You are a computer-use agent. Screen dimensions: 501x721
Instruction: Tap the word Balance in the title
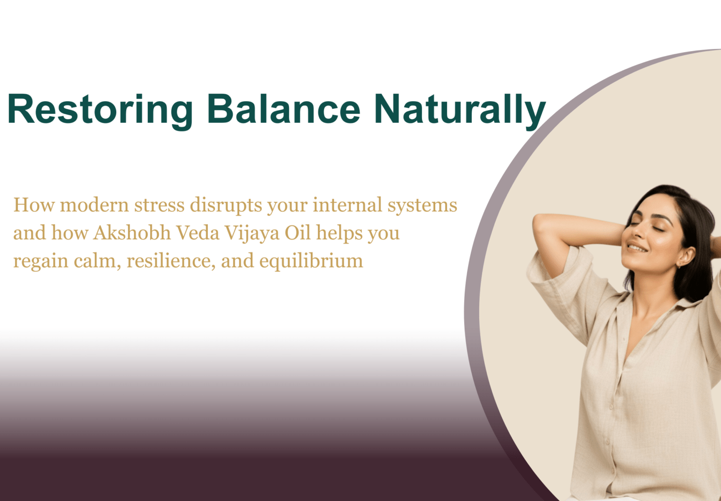[283, 109]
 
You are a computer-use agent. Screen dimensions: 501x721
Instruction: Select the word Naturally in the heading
[460, 109]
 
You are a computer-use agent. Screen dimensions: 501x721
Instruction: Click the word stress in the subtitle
[159, 205]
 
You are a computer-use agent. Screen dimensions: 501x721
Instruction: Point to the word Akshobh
[132, 233]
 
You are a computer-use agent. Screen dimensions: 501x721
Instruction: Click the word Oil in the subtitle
[298, 233]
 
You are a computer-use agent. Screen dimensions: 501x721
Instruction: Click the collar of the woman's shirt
[686, 303]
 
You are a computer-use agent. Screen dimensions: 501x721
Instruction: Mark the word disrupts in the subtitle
[225, 206]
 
